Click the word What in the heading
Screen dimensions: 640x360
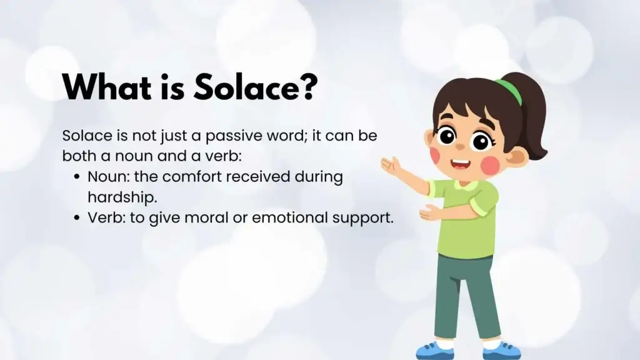[x=107, y=87]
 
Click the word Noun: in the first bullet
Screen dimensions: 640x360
[x=109, y=177]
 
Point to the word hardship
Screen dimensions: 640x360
[x=122, y=197]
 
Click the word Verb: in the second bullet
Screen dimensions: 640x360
[x=107, y=217]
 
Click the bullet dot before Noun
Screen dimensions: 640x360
[x=77, y=177]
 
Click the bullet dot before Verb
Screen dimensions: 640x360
[x=77, y=218]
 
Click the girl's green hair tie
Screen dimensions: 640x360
[x=509, y=91]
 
